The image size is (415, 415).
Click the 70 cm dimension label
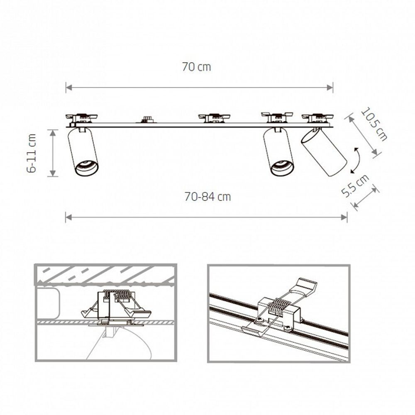click(x=196, y=67)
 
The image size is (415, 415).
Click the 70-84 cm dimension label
click(x=207, y=197)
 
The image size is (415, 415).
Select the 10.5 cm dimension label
click(x=373, y=124)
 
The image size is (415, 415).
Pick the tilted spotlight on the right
click(x=324, y=152)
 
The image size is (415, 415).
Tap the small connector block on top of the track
click(x=145, y=120)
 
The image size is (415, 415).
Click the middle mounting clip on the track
click(x=214, y=118)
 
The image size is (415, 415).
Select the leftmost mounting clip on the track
click(x=81, y=118)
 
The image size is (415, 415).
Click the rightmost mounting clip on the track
click(x=317, y=117)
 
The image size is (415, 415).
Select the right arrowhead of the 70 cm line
click(x=331, y=87)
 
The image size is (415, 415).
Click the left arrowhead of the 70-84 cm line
click(x=68, y=217)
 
